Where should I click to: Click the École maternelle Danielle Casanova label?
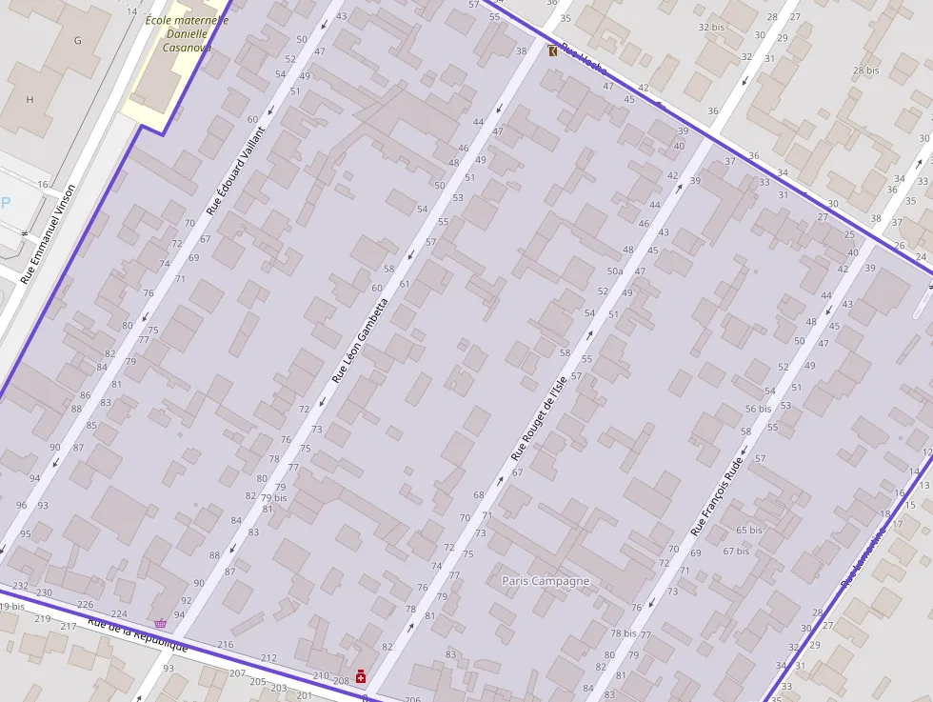click(x=186, y=32)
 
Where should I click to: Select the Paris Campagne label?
click(x=546, y=581)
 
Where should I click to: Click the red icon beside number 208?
click(x=361, y=677)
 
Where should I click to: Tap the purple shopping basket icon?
click(x=160, y=623)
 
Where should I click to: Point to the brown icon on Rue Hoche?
click(x=554, y=50)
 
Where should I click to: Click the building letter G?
click(x=78, y=41)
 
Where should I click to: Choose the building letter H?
click(x=30, y=99)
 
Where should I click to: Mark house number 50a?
click(x=615, y=271)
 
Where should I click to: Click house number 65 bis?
click(x=749, y=531)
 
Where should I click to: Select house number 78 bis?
click(x=624, y=633)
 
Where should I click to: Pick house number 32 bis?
click(x=711, y=28)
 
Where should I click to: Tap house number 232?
click(x=20, y=586)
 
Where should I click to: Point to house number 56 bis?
click(x=758, y=409)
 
